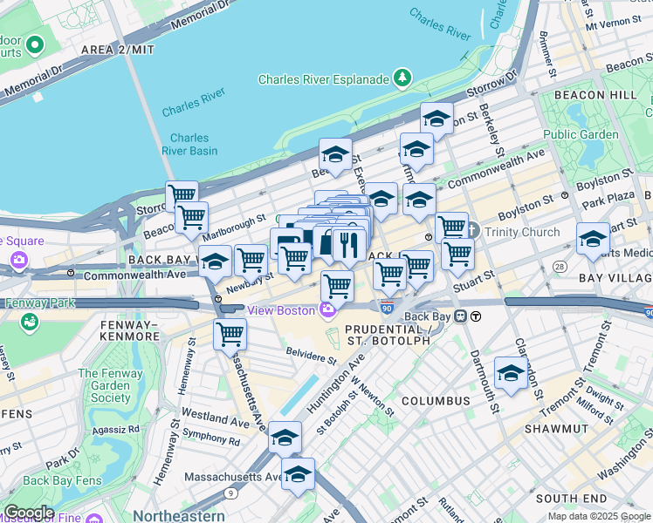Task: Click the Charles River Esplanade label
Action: (x=323, y=79)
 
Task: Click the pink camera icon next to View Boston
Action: (x=328, y=309)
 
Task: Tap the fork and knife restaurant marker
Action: (x=348, y=244)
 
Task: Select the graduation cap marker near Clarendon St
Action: (x=511, y=373)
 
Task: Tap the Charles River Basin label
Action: (x=189, y=144)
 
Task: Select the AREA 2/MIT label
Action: (x=117, y=50)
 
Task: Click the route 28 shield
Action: (x=559, y=265)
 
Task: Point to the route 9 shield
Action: (x=229, y=493)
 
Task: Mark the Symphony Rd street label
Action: (x=210, y=441)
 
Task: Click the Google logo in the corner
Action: (x=28, y=513)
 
